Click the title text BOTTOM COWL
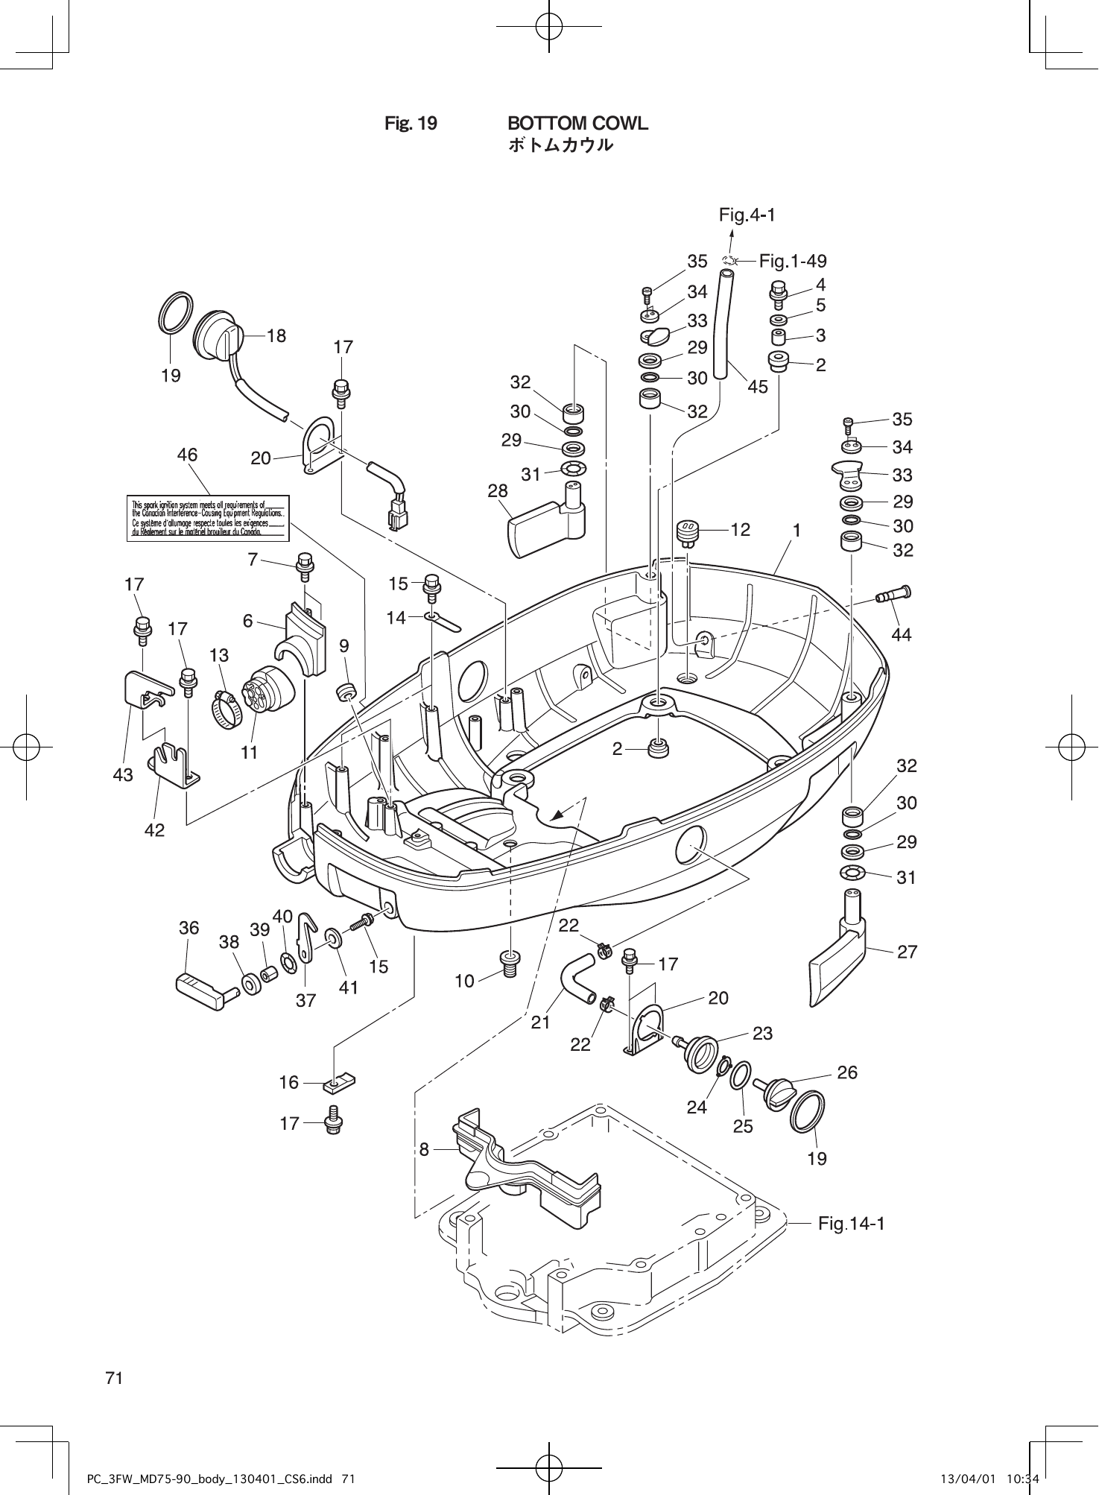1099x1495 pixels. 577,123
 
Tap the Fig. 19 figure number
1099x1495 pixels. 411,123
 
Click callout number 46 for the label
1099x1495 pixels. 187,454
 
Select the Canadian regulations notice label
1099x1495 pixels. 208,518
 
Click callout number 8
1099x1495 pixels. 424,1149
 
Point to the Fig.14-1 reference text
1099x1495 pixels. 851,1223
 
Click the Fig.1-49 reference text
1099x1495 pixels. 793,261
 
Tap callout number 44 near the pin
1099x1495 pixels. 902,634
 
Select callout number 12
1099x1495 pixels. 740,529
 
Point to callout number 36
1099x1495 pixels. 189,927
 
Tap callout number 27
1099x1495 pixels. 907,952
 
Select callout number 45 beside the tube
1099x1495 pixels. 757,387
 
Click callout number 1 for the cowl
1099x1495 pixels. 796,530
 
